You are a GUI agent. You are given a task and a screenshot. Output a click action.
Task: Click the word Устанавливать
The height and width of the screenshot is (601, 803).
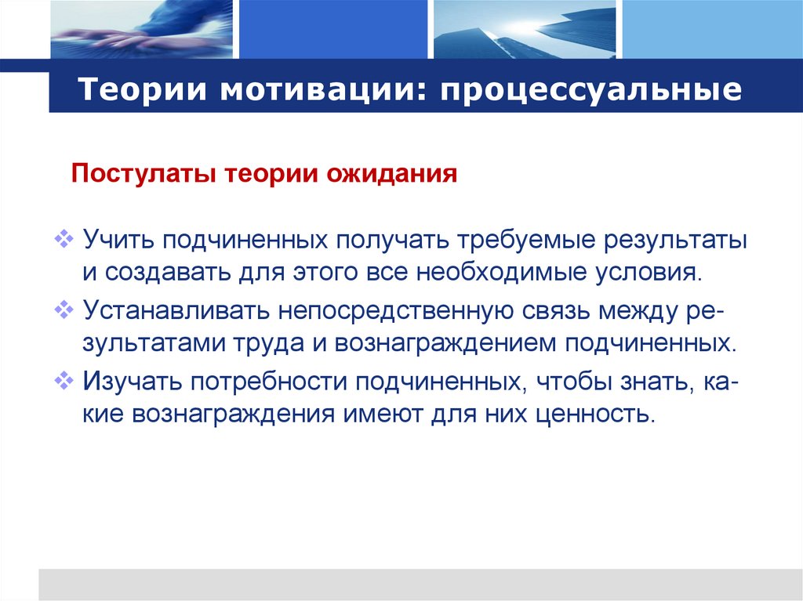[173, 311]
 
